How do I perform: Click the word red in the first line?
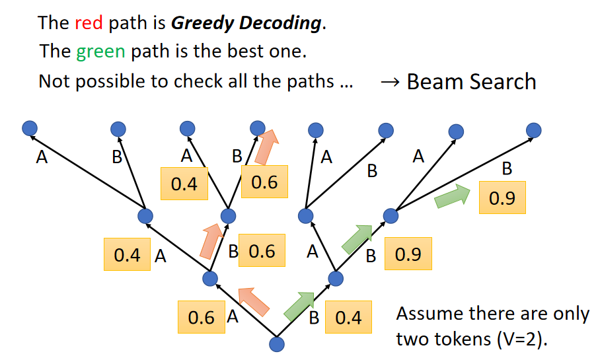[89, 23]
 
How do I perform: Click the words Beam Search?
[471, 81]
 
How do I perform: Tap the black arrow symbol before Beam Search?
[390, 82]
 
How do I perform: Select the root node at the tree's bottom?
[277, 343]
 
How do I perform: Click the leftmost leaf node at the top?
[28, 128]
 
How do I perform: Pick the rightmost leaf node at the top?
[534, 130]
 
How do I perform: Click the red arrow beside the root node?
[254, 301]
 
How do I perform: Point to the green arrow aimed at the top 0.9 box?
[451, 196]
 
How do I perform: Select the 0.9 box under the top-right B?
[502, 197]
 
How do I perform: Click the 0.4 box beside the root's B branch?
[348, 318]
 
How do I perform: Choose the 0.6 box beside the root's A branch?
[202, 318]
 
